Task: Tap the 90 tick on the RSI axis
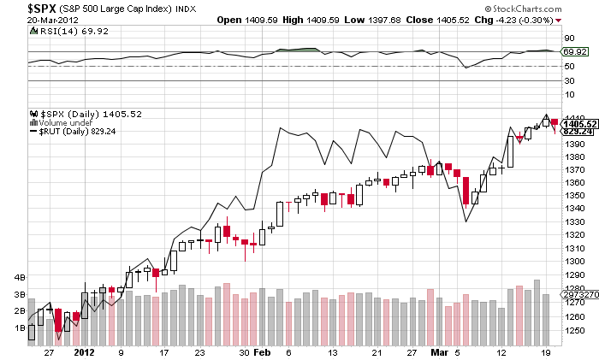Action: tap(567, 38)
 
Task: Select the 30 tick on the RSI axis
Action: tap(567, 80)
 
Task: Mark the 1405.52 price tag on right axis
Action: tap(580, 123)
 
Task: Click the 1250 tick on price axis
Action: tap(574, 329)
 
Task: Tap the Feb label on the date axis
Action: tap(263, 351)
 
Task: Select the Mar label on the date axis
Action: tap(437, 351)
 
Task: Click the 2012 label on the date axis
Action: tap(84, 351)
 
